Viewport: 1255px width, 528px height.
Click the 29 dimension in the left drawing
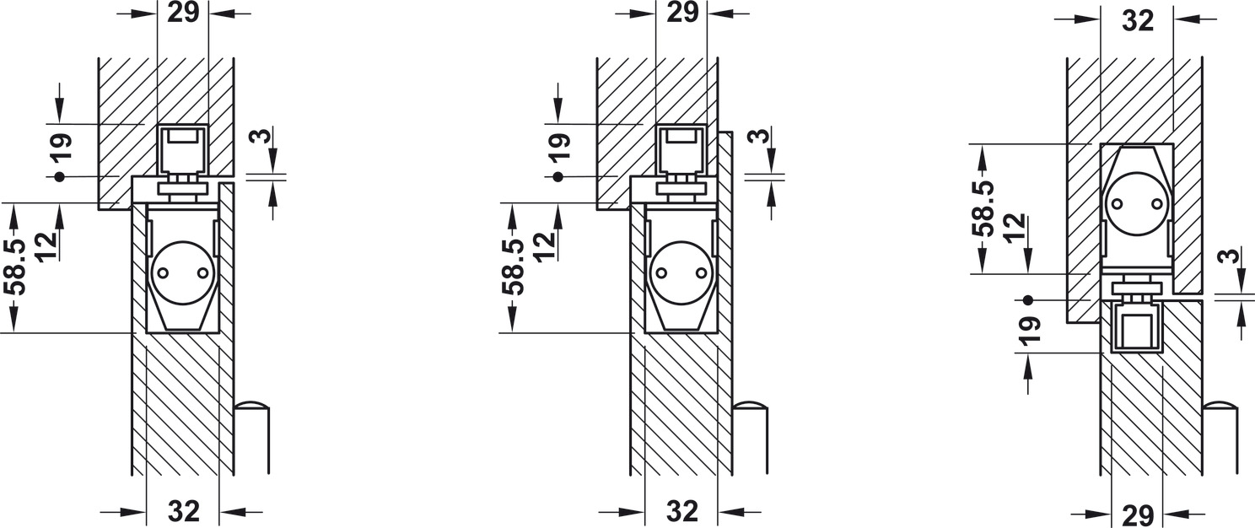[x=183, y=13]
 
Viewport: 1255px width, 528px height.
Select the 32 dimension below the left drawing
[x=184, y=511]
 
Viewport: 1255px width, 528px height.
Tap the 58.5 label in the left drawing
[x=16, y=267]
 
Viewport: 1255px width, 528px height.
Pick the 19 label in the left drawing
[x=61, y=148]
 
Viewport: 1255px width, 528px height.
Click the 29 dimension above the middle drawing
[x=681, y=13]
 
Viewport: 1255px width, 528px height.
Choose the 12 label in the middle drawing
[x=545, y=246]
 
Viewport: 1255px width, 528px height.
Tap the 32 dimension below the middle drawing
[x=682, y=511]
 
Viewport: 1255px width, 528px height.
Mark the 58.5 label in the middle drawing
[x=514, y=267]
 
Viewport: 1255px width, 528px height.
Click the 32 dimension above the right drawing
[x=1139, y=21]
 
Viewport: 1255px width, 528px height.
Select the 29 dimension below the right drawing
[x=1139, y=515]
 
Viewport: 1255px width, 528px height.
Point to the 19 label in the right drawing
[x=1031, y=330]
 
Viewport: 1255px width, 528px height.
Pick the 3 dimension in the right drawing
[x=1229, y=256]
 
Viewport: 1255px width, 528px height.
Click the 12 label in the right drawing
[x=1015, y=229]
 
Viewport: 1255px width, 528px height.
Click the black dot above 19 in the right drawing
[x=1027, y=300]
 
